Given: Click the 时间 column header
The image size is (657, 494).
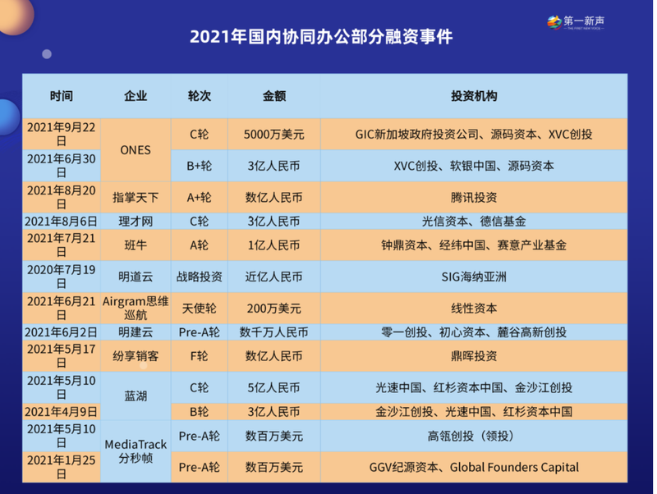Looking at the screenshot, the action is coord(61,96).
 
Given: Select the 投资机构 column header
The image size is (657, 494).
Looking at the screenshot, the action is coord(474,96).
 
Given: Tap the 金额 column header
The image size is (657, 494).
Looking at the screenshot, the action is coord(274,96).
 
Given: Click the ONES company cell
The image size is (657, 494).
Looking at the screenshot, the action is coord(136,150).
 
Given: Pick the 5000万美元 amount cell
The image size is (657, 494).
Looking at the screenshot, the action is coord(274,135).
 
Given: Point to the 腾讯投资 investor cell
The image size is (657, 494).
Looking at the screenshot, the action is coord(474,197).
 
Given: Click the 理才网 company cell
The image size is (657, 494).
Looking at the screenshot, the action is coord(136,221).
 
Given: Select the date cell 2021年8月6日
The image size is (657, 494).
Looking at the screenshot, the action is coord(61,221).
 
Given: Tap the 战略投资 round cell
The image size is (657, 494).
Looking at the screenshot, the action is coord(199,277).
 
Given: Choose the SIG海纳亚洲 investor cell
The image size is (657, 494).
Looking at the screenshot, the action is coord(474,277).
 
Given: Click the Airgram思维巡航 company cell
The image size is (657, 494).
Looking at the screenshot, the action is coord(136,308).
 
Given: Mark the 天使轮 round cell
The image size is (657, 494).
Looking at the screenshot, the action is coord(199,309).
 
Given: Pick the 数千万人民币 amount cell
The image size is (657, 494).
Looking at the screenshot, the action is coord(274,332).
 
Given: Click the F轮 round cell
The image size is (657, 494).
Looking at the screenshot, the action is coord(199,356).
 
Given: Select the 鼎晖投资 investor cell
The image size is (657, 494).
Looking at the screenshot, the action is coord(474,356).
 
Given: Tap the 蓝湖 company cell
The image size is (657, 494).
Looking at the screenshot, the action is coord(136,396).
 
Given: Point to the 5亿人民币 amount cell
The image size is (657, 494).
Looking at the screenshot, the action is coord(274,387).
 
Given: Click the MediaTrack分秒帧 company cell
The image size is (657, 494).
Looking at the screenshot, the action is coord(136,451).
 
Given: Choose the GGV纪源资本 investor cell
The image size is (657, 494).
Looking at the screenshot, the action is coord(474,467).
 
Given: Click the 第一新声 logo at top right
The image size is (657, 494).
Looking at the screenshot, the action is coord(576,22).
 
